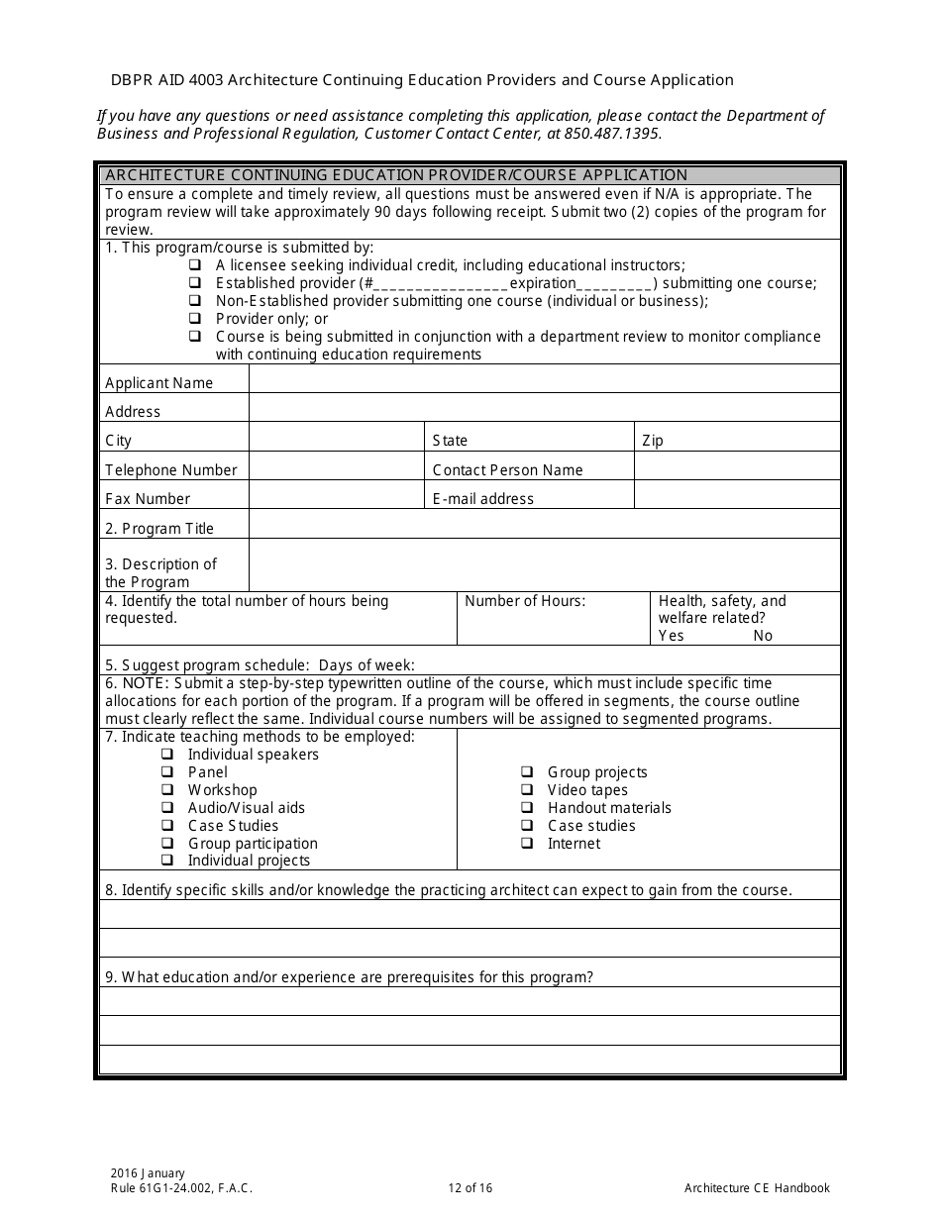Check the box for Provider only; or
(x=194, y=319)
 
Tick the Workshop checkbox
(x=166, y=790)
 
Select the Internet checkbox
(x=527, y=844)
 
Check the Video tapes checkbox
(x=527, y=790)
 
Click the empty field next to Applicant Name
(x=544, y=380)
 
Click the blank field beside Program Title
(x=544, y=525)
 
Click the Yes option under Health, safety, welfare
(x=672, y=636)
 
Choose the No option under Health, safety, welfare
(x=762, y=636)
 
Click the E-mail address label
(x=482, y=499)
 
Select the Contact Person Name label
(x=507, y=470)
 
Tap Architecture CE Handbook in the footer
(x=757, y=1188)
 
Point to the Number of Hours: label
(x=525, y=601)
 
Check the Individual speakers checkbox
(x=166, y=755)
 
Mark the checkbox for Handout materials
(x=527, y=808)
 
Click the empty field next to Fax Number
(x=336, y=496)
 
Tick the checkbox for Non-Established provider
(x=194, y=301)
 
